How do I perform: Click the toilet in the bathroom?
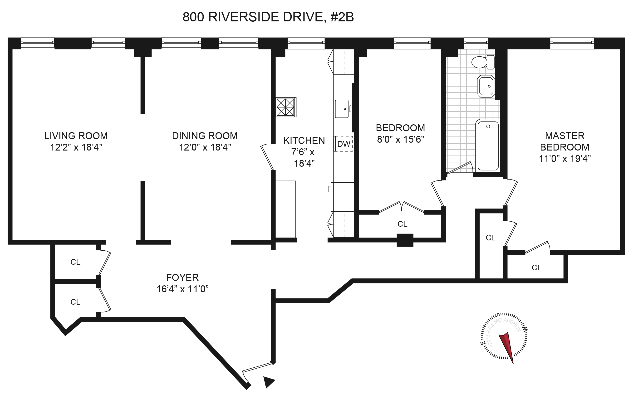tap(483, 62)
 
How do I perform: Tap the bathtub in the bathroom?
tap(488, 146)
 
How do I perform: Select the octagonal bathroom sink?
tap(486, 86)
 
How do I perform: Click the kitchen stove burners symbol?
tap(286, 107)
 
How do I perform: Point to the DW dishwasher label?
tap(344, 144)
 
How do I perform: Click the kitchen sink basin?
tap(342, 109)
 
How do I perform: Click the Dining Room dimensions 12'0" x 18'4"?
tap(205, 147)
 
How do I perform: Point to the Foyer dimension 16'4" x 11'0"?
tap(182, 289)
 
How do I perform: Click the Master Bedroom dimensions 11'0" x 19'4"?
tap(564, 159)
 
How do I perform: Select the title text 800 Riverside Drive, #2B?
tap(268, 17)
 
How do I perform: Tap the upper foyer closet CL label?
tap(75, 262)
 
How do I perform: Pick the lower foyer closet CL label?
tap(75, 302)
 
